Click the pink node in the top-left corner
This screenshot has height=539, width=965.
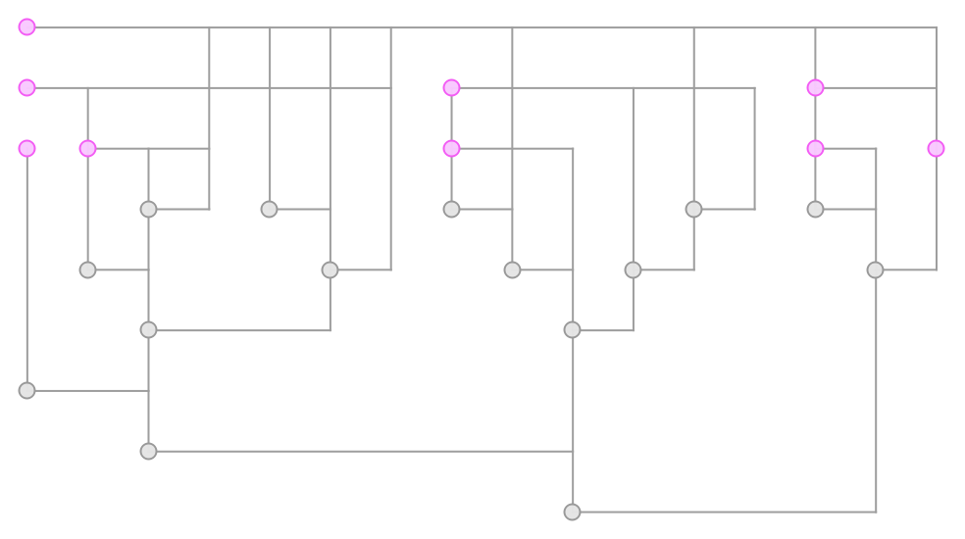(27, 27)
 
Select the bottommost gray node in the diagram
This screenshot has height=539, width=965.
(573, 512)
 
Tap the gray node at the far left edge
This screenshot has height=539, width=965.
(27, 390)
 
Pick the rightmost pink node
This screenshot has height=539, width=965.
(936, 149)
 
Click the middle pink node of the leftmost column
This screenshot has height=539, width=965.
(27, 88)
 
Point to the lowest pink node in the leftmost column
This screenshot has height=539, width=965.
(27, 149)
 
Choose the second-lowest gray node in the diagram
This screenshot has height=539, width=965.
(148, 451)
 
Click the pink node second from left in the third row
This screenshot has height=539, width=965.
(88, 149)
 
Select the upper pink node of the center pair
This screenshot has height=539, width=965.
(451, 88)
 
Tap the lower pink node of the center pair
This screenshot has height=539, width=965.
(451, 149)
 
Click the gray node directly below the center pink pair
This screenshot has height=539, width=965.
(451, 209)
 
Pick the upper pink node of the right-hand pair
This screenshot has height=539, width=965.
(815, 88)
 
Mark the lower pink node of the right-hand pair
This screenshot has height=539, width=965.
(815, 149)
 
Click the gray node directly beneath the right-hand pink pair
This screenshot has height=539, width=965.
(815, 209)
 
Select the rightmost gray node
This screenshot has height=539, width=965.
(875, 269)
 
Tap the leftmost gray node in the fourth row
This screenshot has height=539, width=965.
(148, 209)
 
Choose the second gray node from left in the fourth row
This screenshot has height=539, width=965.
(270, 209)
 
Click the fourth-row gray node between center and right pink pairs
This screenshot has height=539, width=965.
(693, 209)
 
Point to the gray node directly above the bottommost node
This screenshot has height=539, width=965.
(573, 330)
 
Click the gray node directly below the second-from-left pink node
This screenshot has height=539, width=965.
(88, 269)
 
